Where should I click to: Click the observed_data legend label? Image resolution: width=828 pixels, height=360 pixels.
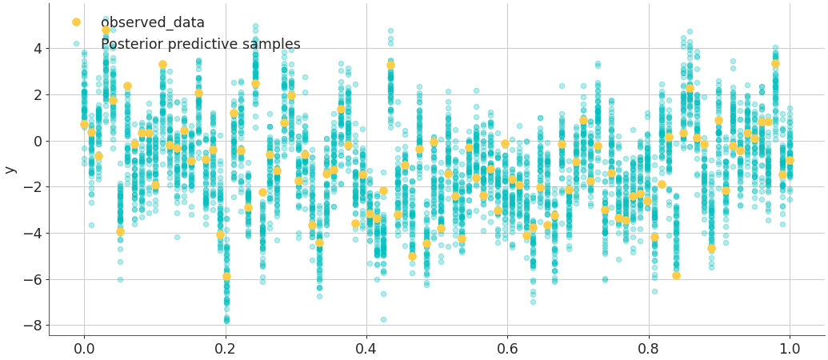158,22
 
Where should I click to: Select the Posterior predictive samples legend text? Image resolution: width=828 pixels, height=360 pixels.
206,44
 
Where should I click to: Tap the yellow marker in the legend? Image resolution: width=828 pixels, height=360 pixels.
76,22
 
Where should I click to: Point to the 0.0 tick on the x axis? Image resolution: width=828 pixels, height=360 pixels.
84,349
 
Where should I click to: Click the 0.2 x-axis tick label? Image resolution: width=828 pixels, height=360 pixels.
225,349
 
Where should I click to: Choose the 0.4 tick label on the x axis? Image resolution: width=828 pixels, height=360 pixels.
366,349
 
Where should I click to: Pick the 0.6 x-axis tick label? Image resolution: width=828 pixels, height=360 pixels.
507,349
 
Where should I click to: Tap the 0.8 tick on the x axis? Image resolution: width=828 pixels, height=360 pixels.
649,349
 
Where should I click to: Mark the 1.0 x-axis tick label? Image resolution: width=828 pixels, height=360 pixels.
790,349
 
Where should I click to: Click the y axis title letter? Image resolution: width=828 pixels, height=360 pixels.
10,170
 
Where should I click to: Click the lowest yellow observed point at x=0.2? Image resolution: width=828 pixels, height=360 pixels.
226,277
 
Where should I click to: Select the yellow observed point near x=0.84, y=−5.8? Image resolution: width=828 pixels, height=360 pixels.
676,275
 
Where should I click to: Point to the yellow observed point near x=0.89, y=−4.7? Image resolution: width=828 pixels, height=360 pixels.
711,249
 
